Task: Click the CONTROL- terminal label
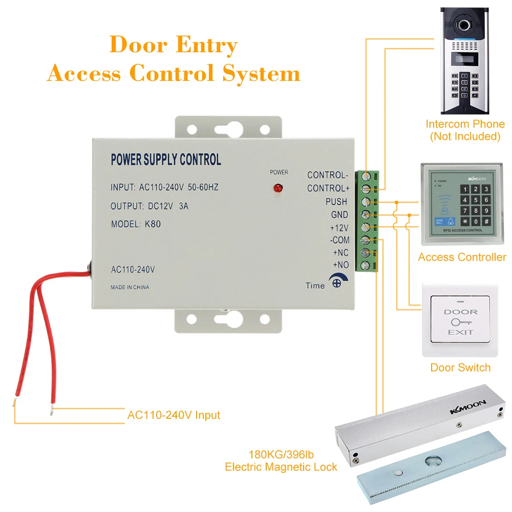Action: coord(327,175)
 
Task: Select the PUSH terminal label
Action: coord(336,202)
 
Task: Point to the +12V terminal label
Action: coord(338,227)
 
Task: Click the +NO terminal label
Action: coord(340,265)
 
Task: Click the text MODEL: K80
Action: coord(136,224)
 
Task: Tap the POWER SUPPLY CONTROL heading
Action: coord(166,160)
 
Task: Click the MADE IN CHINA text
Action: coord(130,287)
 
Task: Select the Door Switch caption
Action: coord(460,368)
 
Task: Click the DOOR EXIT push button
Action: coord(460,322)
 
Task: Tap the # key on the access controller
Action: coord(485,221)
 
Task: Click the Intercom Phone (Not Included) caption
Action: coord(464,130)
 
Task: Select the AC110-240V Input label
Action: coord(174,415)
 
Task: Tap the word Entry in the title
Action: coord(206,45)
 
